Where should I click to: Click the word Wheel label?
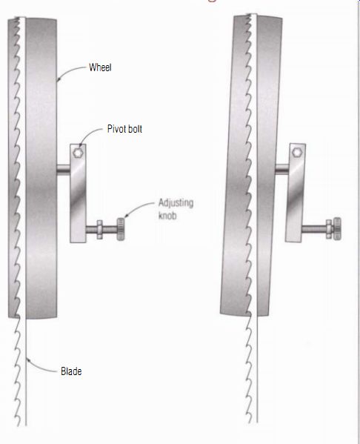pyautogui.click(x=100, y=67)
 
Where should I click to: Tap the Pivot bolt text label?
pyautogui.click(x=124, y=129)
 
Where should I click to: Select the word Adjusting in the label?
pyautogui.click(x=176, y=203)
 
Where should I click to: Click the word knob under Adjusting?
pyautogui.click(x=167, y=216)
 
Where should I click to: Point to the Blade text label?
pyautogui.click(x=71, y=371)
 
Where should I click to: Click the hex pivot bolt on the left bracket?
pyautogui.click(x=78, y=153)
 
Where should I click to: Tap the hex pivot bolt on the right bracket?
pyautogui.click(x=297, y=153)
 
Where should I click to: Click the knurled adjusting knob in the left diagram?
pyautogui.click(x=121, y=229)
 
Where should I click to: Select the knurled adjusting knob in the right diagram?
pyautogui.click(x=337, y=229)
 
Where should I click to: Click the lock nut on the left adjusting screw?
pyautogui.click(x=99, y=230)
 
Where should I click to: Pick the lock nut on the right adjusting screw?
pyautogui.click(x=329, y=229)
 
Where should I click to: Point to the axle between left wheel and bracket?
pyautogui.click(x=64, y=169)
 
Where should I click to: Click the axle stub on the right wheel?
pyautogui.click(x=282, y=169)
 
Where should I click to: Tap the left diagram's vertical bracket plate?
pyautogui.click(x=78, y=193)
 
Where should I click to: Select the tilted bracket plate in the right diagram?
pyautogui.click(x=296, y=193)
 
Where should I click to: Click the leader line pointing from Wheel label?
pyautogui.click(x=69, y=70)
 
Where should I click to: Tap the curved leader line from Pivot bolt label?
pyautogui.click(x=90, y=134)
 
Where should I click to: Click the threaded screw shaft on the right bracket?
pyautogui.click(x=314, y=229)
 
